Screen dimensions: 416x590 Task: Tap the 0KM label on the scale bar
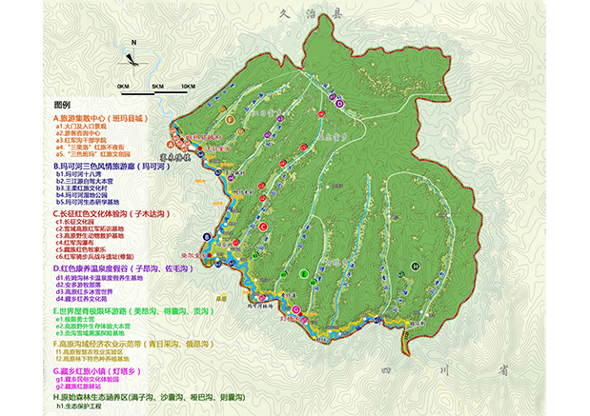point(123,86)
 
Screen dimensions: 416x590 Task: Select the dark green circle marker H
point(415,266)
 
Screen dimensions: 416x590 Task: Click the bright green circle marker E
point(303,274)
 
